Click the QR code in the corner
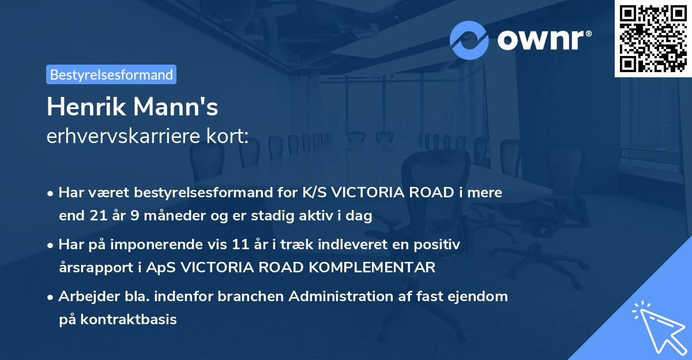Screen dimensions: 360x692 pos(652,38)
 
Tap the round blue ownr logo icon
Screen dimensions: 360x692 pos(469,40)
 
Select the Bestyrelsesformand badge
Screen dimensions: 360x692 pos(111,74)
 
